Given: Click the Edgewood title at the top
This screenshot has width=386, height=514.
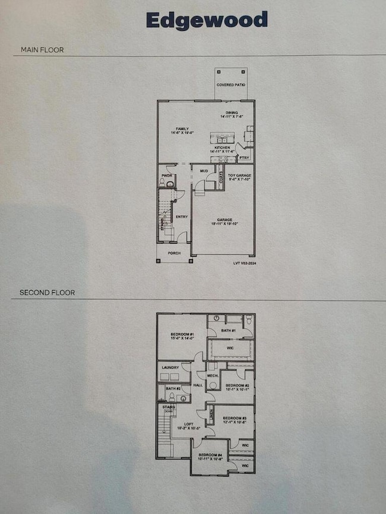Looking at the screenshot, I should click(207, 20).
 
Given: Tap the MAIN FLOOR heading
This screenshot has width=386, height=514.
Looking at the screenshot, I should click(42, 50).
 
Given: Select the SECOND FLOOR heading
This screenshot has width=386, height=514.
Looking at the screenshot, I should click(47, 293).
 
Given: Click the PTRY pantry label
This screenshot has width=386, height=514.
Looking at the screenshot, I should click(243, 158).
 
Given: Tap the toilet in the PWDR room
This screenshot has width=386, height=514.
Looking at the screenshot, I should click(170, 185).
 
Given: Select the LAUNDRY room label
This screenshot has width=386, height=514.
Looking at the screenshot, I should click(170, 368).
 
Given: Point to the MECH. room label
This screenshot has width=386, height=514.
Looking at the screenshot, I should click(213, 376).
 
